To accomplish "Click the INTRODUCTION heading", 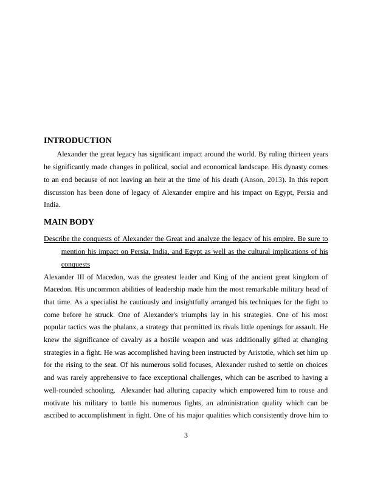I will click(x=77, y=141).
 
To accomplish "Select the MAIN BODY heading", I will click(x=69, y=222).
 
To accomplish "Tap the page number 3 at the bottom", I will click(x=186, y=435).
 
